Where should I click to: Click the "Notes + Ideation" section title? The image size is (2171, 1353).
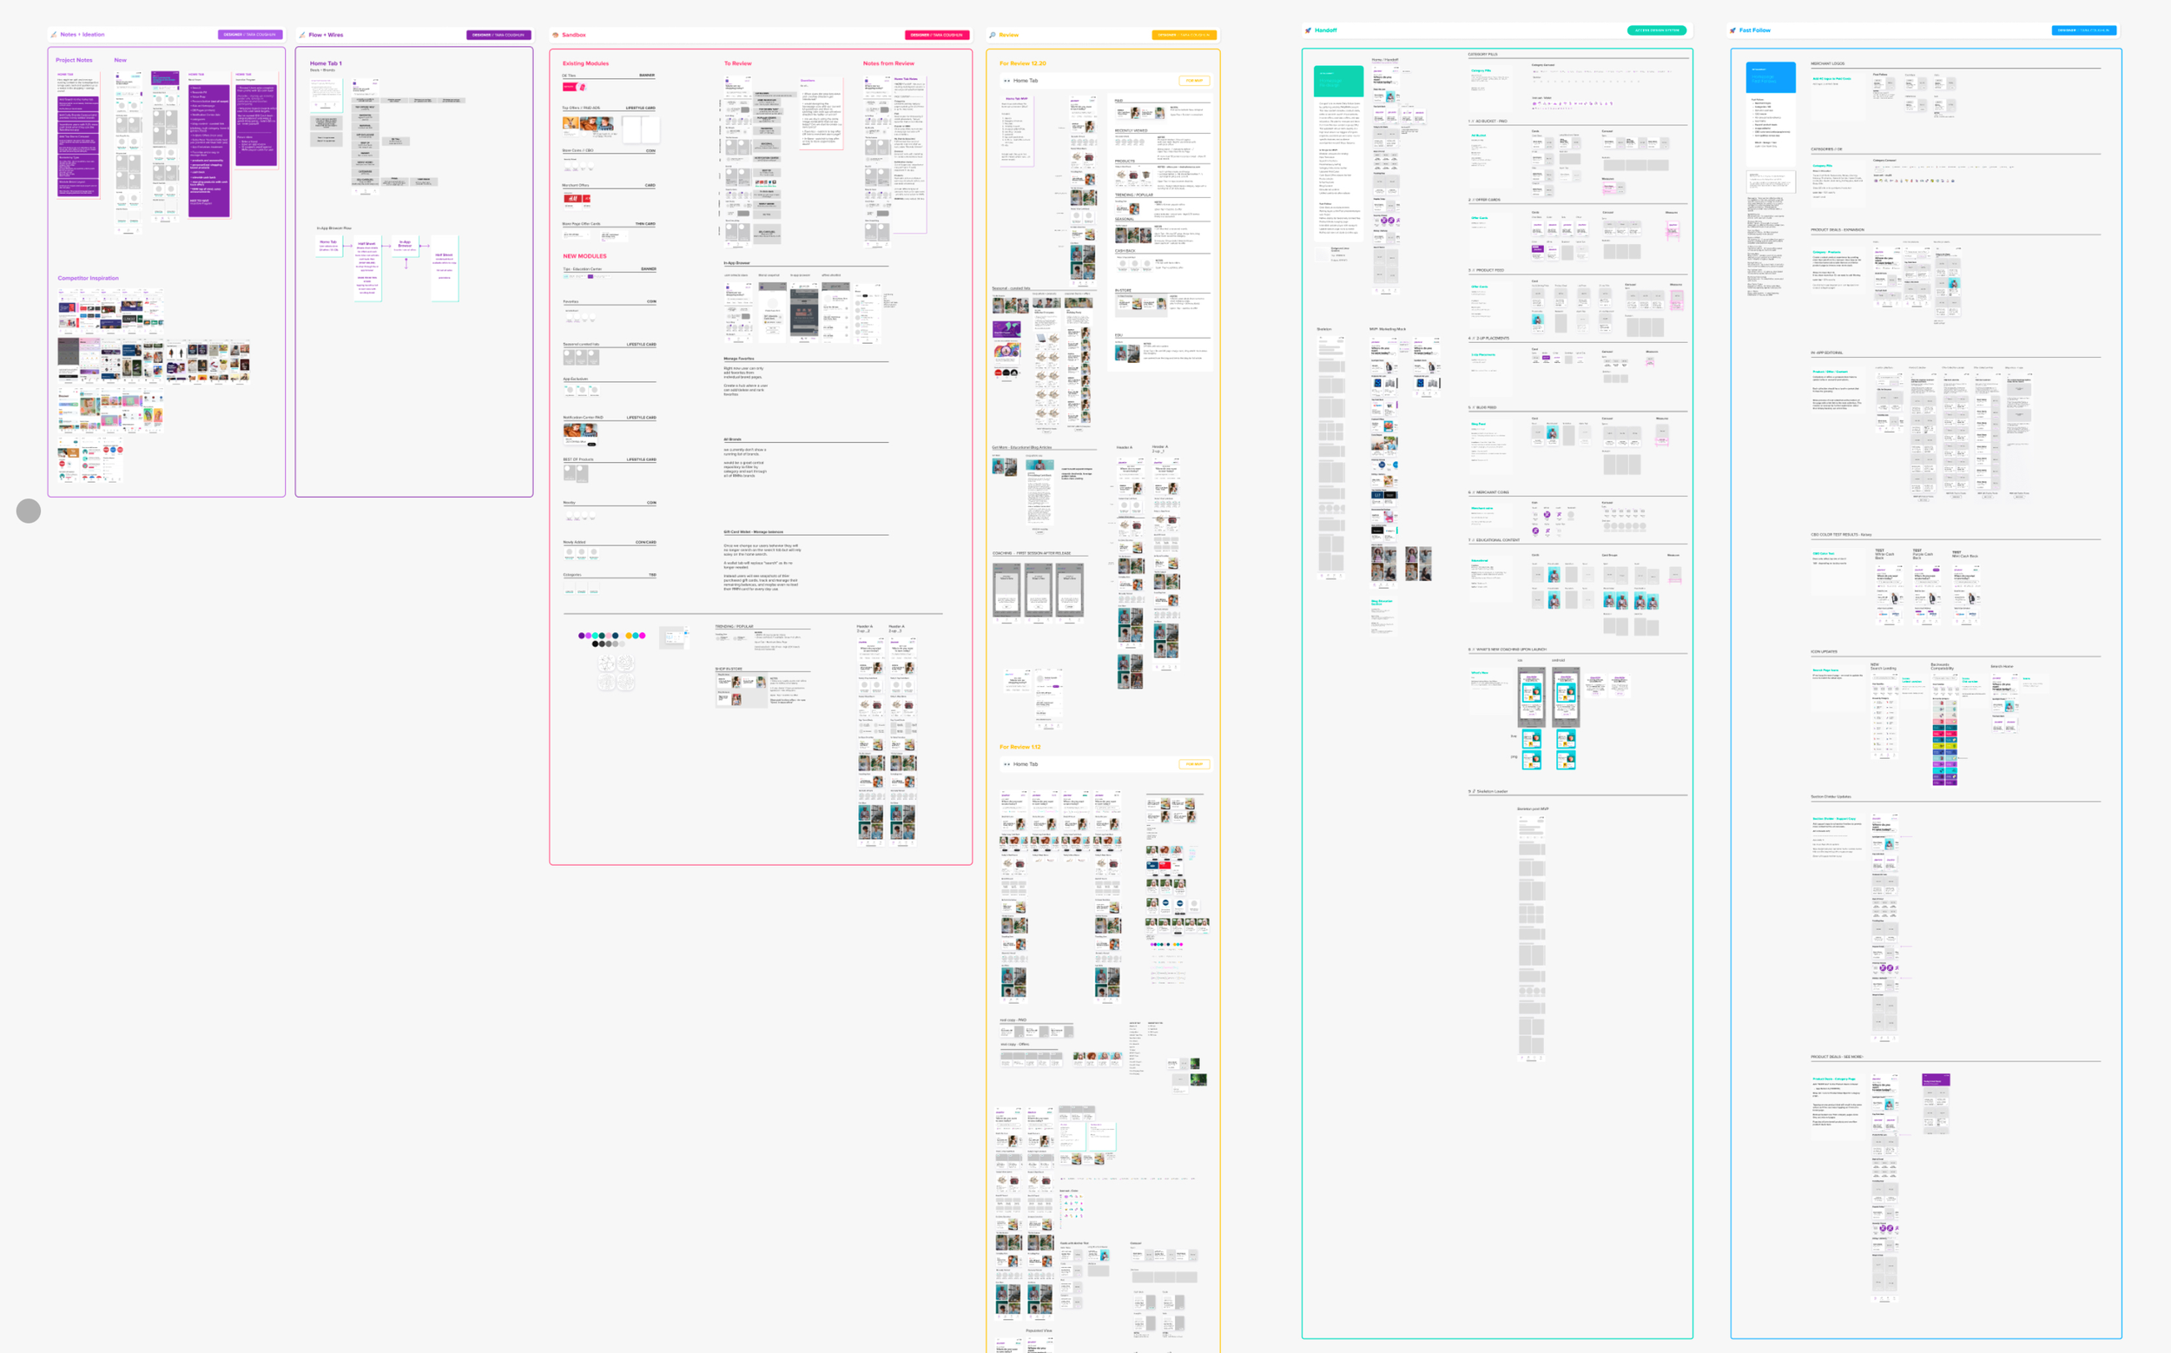point(82,35)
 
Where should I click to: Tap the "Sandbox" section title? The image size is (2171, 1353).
point(574,35)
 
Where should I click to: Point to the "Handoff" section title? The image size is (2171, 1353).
point(1325,30)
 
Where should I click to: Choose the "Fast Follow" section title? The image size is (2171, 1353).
point(1754,30)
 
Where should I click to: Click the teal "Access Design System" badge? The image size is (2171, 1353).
point(1656,30)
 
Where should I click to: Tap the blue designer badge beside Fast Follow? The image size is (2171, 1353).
point(2083,30)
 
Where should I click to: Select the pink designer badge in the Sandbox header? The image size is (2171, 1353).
point(937,35)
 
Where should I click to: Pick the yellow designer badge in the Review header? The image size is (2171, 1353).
point(1183,35)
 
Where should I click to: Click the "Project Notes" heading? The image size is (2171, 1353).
point(75,60)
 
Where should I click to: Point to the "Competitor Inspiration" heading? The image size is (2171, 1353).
point(88,278)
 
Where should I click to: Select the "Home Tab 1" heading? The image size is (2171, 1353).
point(326,63)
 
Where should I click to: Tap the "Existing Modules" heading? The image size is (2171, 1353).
point(585,63)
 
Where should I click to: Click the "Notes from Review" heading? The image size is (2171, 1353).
point(888,63)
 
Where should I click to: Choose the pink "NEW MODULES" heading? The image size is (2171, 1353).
point(584,256)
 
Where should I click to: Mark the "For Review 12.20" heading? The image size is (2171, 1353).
point(1022,63)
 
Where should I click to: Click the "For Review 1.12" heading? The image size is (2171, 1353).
point(1020,746)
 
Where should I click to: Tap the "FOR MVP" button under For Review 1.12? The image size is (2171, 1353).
point(1194,764)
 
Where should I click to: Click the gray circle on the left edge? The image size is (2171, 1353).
point(29,511)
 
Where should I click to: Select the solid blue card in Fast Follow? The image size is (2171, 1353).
point(1771,77)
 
